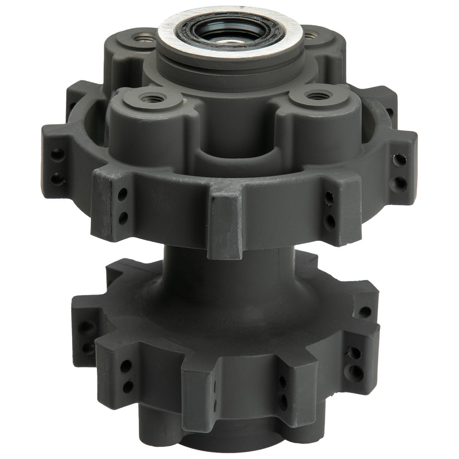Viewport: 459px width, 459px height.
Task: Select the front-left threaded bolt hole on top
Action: click(x=149, y=97)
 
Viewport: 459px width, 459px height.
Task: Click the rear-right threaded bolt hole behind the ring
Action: click(x=310, y=34)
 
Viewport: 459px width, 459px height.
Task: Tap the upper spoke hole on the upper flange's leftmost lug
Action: click(x=57, y=155)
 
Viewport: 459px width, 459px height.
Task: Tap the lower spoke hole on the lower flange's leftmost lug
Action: click(x=86, y=345)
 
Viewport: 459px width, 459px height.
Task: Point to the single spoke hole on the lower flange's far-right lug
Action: click(x=364, y=313)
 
